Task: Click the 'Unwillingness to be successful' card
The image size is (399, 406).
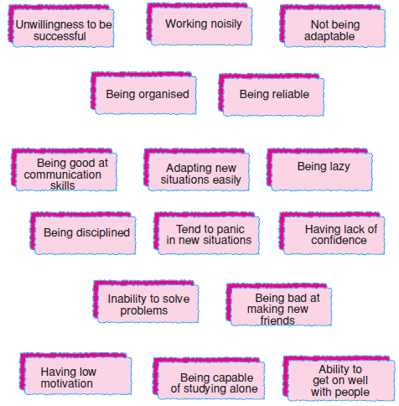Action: coord(61,26)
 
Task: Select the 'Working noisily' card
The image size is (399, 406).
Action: coord(199,23)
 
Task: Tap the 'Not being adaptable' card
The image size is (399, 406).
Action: coord(333,26)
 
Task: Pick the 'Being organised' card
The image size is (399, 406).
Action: coord(143,93)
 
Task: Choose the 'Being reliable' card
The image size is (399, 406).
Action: coord(272,95)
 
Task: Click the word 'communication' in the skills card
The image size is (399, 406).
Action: coord(63,174)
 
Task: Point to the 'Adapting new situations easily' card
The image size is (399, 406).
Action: coord(197,169)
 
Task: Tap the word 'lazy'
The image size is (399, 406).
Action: coord(339,167)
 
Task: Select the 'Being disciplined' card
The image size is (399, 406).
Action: coord(83,233)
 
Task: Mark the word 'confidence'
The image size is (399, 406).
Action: coord(339,240)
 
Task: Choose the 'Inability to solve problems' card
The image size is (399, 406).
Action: coord(146,302)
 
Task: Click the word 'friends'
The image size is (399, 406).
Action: coord(277,320)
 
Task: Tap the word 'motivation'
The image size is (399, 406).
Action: coord(67,383)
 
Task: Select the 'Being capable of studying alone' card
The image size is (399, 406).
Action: coord(209,378)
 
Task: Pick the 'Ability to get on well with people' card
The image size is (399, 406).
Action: coord(339,379)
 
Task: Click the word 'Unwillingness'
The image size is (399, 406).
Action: coord(45,25)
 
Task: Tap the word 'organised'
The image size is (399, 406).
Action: coord(163,95)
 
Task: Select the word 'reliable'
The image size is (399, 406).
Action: coord(290,94)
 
